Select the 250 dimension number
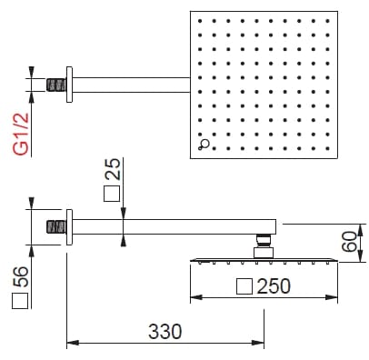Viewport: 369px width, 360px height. (x=273, y=286)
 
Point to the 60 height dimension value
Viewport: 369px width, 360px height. (x=350, y=243)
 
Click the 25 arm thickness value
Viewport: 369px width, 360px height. (x=113, y=170)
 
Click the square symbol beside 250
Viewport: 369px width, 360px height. (x=243, y=286)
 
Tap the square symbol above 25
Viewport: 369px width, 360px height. (x=113, y=194)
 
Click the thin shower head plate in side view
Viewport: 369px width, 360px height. (x=264, y=259)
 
